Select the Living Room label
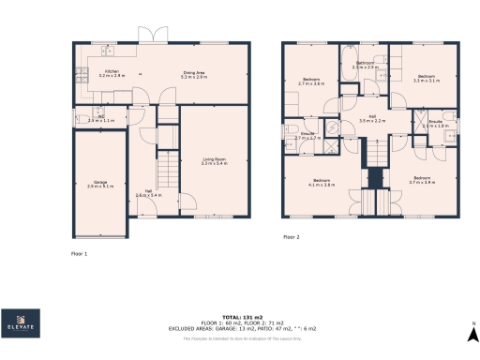tap(215, 161)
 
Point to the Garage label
tap(100, 185)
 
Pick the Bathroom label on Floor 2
tap(365, 66)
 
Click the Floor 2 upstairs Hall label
tap(372, 119)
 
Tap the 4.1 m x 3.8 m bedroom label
tap(322, 182)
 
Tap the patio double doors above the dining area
tap(150, 35)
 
